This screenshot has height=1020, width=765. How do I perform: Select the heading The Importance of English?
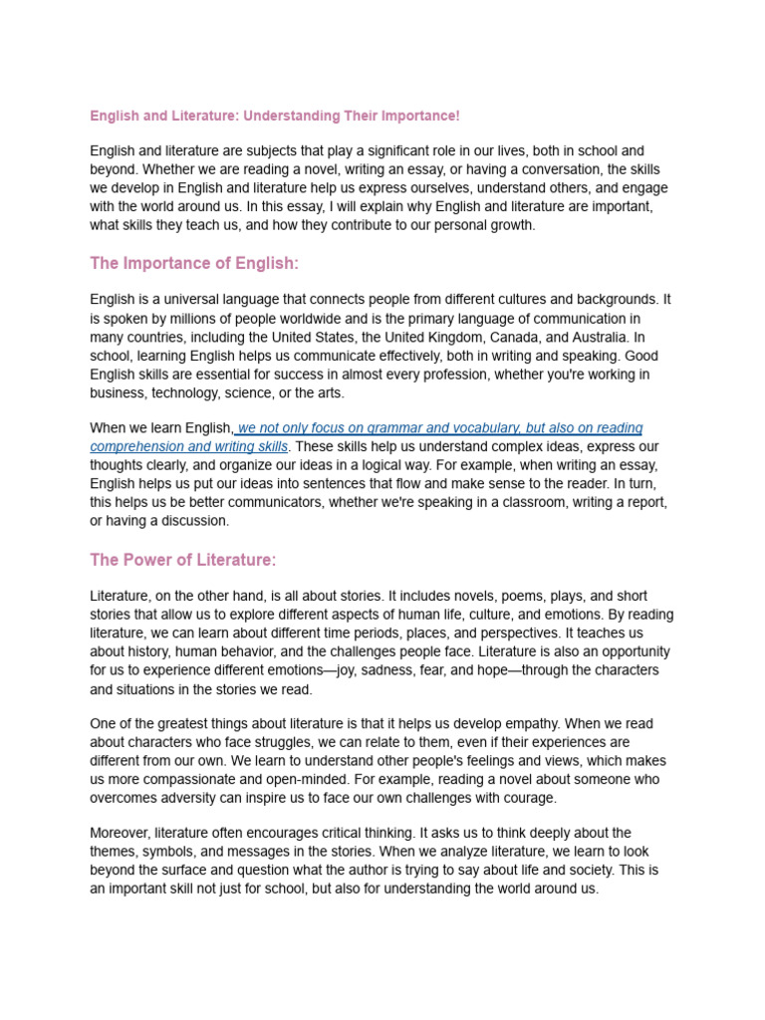point(194,263)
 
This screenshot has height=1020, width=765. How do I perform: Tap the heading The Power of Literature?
point(182,560)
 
